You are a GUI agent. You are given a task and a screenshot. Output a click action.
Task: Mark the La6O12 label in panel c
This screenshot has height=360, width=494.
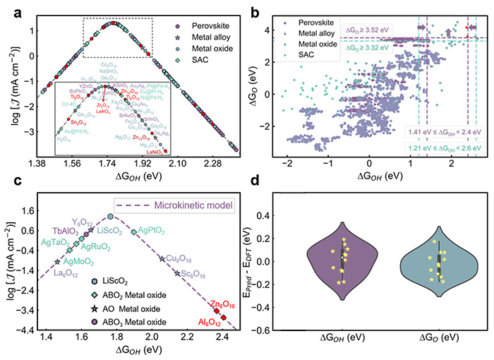tap(45, 273)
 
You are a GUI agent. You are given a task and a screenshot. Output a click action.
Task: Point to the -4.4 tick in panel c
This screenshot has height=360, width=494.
tap(19, 330)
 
